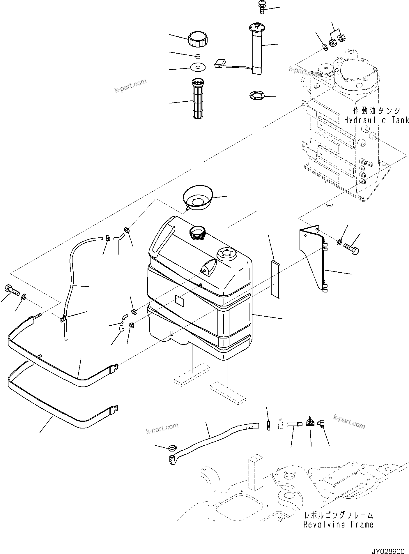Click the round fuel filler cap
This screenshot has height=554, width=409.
tap(197, 39)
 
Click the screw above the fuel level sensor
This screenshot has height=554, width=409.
tap(260, 6)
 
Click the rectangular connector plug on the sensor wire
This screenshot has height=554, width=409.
tap(220, 63)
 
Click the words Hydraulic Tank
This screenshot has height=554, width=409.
tap(376, 120)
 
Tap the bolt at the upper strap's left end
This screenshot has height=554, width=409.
tap(11, 290)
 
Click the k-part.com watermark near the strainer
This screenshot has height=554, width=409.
tap(130, 86)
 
